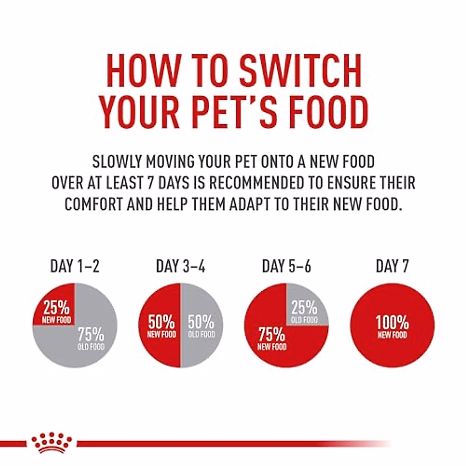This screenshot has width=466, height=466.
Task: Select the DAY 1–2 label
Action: point(75,267)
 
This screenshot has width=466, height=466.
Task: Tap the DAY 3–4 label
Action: point(181,267)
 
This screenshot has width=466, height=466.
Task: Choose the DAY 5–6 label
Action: point(287,267)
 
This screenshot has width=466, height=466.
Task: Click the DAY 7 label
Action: point(392,267)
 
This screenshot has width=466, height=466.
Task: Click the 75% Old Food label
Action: point(91,339)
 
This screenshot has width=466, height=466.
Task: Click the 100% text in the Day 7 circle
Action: point(392,322)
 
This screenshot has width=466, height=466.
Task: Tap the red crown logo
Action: point(52,443)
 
